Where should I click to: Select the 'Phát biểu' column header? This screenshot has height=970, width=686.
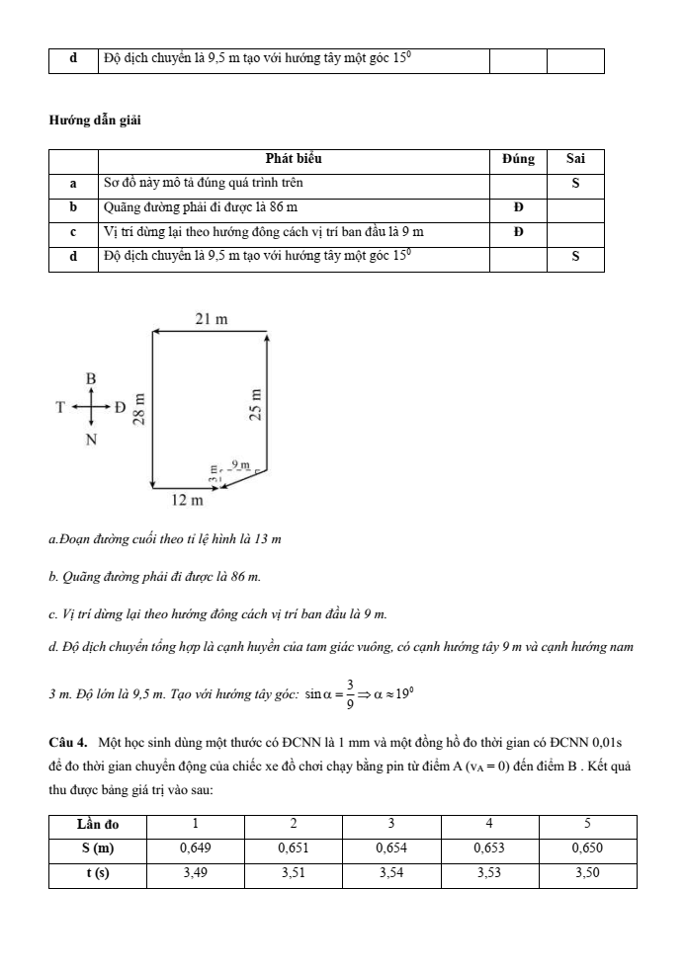pos(294,158)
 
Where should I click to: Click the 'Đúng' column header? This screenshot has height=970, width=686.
pos(518,158)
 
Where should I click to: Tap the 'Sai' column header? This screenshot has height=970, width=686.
pos(575,158)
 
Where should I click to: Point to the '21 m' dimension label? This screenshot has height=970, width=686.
pos(212,318)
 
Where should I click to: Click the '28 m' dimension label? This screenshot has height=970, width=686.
pos(138,407)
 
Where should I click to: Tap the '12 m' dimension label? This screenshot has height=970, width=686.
pos(187,501)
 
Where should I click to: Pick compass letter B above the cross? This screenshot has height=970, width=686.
pos(90,378)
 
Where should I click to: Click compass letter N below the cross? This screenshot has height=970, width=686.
pos(91,440)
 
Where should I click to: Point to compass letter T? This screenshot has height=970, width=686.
pos(60,407)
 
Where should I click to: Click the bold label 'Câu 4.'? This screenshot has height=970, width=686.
pos(67,741)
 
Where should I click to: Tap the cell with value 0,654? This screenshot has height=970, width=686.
pos(391,848)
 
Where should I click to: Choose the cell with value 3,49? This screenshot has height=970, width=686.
pos(196,874)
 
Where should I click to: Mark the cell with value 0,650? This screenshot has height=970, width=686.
pos(587,848)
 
